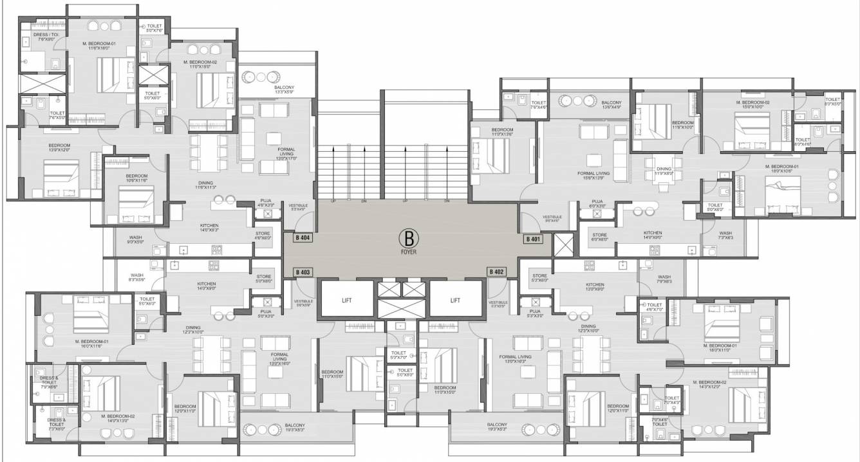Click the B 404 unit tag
click(x=303, y=238)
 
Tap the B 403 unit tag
click(x=303, y=272)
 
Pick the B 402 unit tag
click(x=496, y=272)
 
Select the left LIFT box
click(x=347, y=300)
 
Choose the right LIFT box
click(x=455, y=300)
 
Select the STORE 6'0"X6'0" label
click(x=599, y=237)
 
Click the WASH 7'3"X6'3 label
click(x=725, y=236)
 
